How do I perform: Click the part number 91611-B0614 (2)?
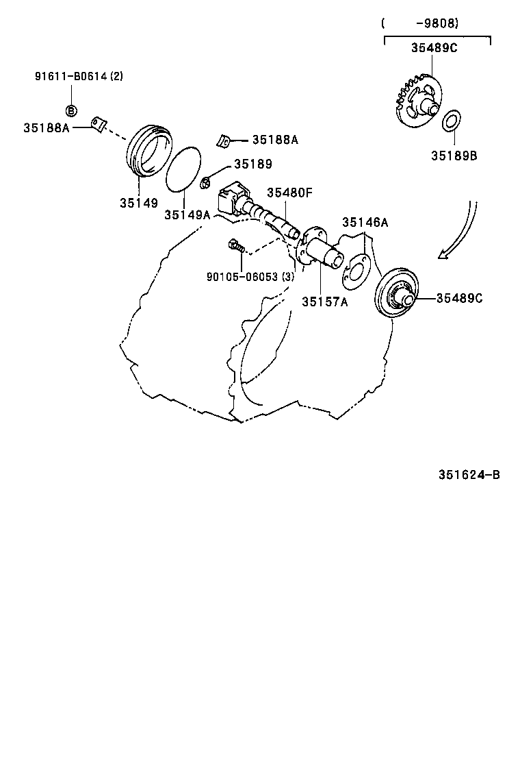tap(79, 77)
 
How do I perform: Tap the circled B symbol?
tap(71, 110)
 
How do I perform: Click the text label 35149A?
tap(187, 214)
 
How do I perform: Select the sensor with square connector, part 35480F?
tap(236, 200)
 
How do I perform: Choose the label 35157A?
tap(325, 302)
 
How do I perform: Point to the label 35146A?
tap(365, 221)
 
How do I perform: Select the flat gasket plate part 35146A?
tap(356, 267)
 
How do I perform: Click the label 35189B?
tap(454, 156)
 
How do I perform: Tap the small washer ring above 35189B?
tap(451, 121)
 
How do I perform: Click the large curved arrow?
tap(462, 233)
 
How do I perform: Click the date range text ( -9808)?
tap(420, 23)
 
